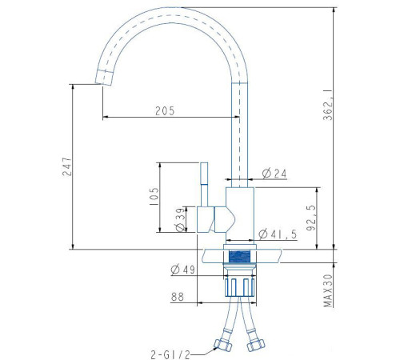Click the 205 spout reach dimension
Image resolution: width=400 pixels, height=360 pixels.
(165, 111)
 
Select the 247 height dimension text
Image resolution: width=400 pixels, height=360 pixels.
(67, 166)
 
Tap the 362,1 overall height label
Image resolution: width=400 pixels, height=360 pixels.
(328, 105)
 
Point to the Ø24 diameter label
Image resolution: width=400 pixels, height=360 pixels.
(274, 174)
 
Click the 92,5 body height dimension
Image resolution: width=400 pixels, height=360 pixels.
(311, 218)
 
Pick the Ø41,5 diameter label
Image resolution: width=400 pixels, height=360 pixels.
(278, 234)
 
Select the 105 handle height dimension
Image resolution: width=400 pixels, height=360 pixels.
(154, 196)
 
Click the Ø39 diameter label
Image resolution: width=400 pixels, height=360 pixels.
(180, 219)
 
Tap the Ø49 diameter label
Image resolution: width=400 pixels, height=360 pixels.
(183, 270)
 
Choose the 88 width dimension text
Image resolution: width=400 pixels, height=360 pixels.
(178, 297)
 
